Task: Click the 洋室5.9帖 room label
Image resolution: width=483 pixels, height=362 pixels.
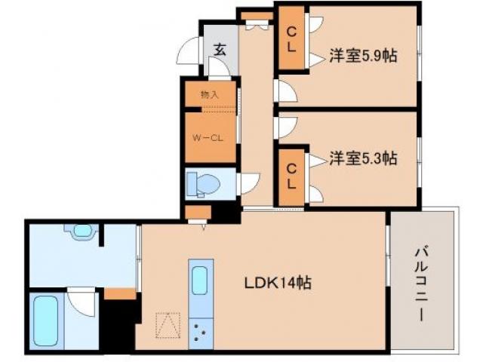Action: [x=363, y=55]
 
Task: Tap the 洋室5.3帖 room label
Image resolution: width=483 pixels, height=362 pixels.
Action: [x=363, y=158]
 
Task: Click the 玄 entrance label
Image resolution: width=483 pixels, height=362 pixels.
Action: [x=219, y=51]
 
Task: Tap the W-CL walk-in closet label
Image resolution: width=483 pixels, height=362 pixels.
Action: [x=205, y=138]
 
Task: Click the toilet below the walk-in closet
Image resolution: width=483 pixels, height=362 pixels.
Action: [x=203, y=183]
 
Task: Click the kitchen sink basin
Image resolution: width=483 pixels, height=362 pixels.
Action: [x=201, y=281]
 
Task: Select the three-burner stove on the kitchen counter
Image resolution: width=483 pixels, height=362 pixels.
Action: [x=201, y=331]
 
